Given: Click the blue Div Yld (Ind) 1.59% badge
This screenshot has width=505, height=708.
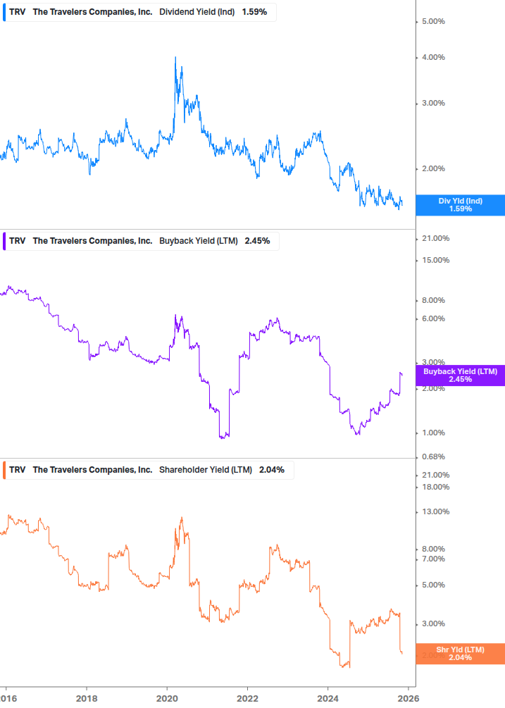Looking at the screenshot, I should click(x=460, y=205).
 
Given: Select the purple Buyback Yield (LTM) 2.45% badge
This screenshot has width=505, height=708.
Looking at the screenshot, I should click(x=460, y=375).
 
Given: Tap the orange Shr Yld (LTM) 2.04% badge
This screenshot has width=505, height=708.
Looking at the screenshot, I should click(x=460, y=653).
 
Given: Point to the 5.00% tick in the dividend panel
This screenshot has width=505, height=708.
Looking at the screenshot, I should click(x=432, y=22).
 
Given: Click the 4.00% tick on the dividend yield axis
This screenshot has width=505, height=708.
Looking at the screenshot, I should click(x=432, y=58).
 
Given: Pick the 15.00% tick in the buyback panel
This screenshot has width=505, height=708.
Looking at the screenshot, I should click(x=435, y=261).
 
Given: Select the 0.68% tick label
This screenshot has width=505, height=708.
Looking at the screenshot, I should click(x=432, y=457).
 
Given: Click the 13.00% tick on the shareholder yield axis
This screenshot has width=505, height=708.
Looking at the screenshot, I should click(x=435, y=512).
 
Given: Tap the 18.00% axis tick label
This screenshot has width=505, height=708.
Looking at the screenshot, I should click(x=435, y=487).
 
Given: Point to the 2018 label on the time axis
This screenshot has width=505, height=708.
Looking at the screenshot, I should click(x=86, y=697).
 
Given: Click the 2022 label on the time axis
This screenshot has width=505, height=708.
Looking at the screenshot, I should click(x=247, y=697).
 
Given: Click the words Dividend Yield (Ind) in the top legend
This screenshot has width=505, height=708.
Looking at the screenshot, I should click(x=198, y=13).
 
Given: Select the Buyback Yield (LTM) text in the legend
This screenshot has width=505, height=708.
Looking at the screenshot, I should click(x=198, y=241).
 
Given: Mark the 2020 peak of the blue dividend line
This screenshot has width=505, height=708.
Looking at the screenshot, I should click(x=175, y=57).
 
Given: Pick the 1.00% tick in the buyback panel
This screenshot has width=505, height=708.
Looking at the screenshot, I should click(x=432, y=433).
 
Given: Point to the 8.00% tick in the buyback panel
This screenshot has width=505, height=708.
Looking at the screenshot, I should click(x=432, y=301).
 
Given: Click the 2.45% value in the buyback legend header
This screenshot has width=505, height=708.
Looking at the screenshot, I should click(x=257, y=241).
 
